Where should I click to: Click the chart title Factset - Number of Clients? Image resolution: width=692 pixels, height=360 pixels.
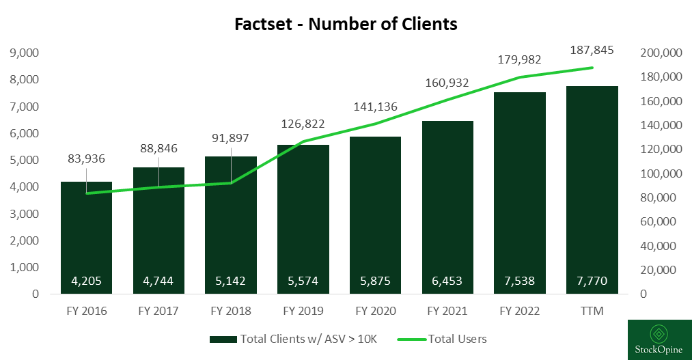(x=346, y=24)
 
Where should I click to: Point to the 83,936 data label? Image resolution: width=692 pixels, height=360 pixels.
(x=86, y=159)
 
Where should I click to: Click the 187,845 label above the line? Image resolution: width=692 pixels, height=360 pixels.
(x=592, y=50)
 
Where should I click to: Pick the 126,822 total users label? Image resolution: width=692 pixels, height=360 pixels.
(x=303, y=124)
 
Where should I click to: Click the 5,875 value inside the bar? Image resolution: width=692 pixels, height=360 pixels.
(x=375, y=280)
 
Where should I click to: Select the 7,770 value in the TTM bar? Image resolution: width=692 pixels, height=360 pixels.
(x=592, y=280)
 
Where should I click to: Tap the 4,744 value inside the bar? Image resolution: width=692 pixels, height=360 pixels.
(x=158, y=280)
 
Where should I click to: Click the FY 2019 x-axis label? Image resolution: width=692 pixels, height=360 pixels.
(x=303, y=311)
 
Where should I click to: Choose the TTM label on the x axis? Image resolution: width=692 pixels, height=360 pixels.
(x=592, y=311)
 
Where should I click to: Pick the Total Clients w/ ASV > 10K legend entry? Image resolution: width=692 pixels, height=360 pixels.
(x=294, y=339)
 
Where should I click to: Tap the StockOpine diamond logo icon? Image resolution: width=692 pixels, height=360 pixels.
(x=659, y=334)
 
